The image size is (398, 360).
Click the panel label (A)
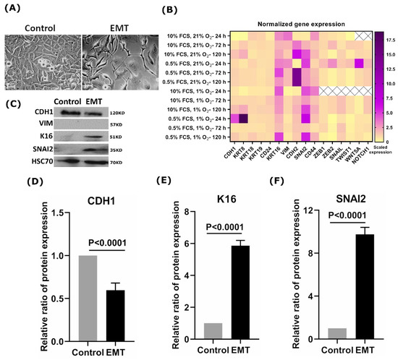click(12, 7)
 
